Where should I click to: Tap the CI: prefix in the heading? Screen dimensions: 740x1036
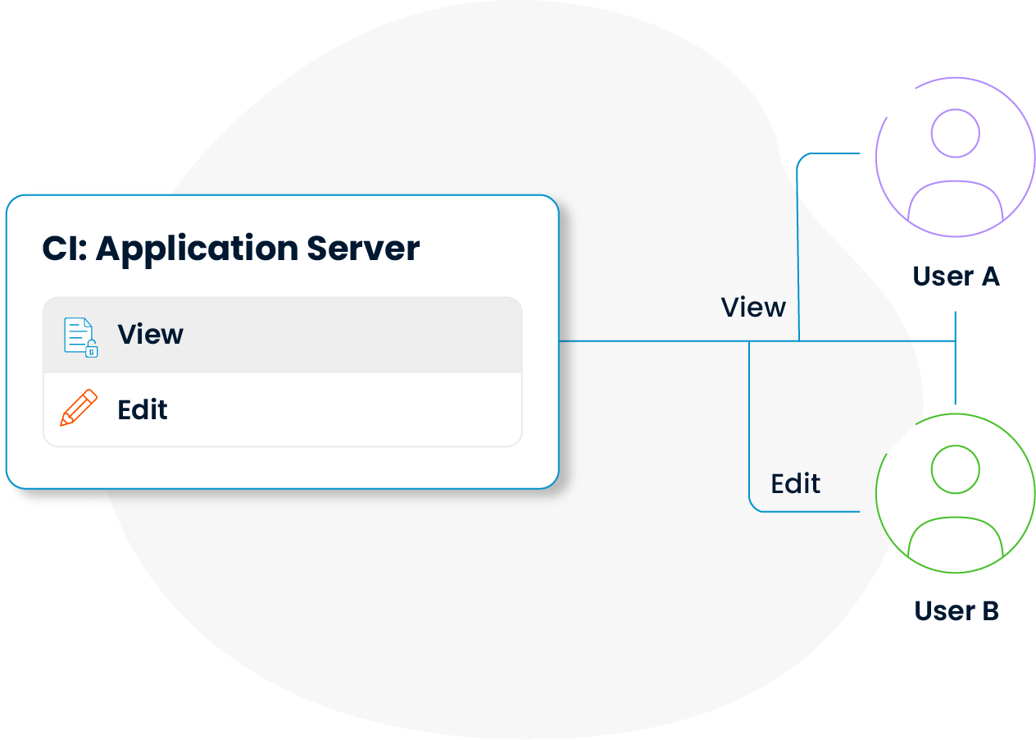(65, 248)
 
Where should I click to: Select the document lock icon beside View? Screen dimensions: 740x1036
(80, 336)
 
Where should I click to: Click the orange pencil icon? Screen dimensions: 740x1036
(79, 408)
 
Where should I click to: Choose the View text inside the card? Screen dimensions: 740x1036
(150, 335)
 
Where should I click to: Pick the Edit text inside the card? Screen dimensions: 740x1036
(143, 409)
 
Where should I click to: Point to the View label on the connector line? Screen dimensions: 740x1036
(753, 308)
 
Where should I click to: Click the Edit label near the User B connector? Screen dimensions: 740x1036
(795, 484)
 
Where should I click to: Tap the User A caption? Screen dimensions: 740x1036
(956, 276)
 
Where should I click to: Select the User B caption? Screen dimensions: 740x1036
(956, 611)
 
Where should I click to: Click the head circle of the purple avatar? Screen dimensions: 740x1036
(956, 133)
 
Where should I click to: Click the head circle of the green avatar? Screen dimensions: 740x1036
(956, 469)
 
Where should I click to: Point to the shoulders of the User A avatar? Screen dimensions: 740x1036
(956, 201)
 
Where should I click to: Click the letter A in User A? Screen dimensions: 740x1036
(988, 276)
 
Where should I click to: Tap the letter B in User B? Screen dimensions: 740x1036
(988, 611)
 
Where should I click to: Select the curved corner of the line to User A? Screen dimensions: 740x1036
(802, 158)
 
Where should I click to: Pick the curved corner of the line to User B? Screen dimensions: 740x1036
(754, 507)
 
